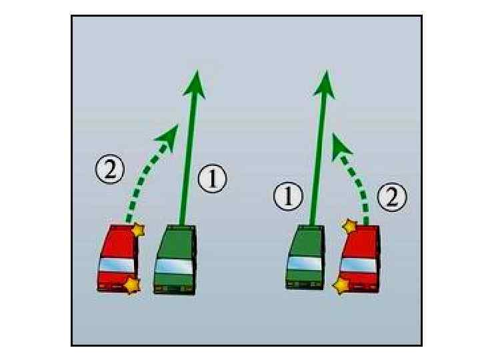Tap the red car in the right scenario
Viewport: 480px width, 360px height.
point(361,259)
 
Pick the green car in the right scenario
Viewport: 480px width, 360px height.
point(305,257)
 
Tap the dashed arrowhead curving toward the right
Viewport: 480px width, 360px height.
point(167,133)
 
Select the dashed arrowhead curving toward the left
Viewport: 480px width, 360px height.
point(341,143)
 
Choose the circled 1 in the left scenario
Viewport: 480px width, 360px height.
point(213,180)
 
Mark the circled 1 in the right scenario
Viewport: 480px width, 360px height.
point(288,197)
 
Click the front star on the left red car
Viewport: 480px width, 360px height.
point(138,230)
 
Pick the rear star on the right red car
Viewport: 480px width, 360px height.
point(341,287)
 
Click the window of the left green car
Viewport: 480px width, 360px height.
point(174,265)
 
